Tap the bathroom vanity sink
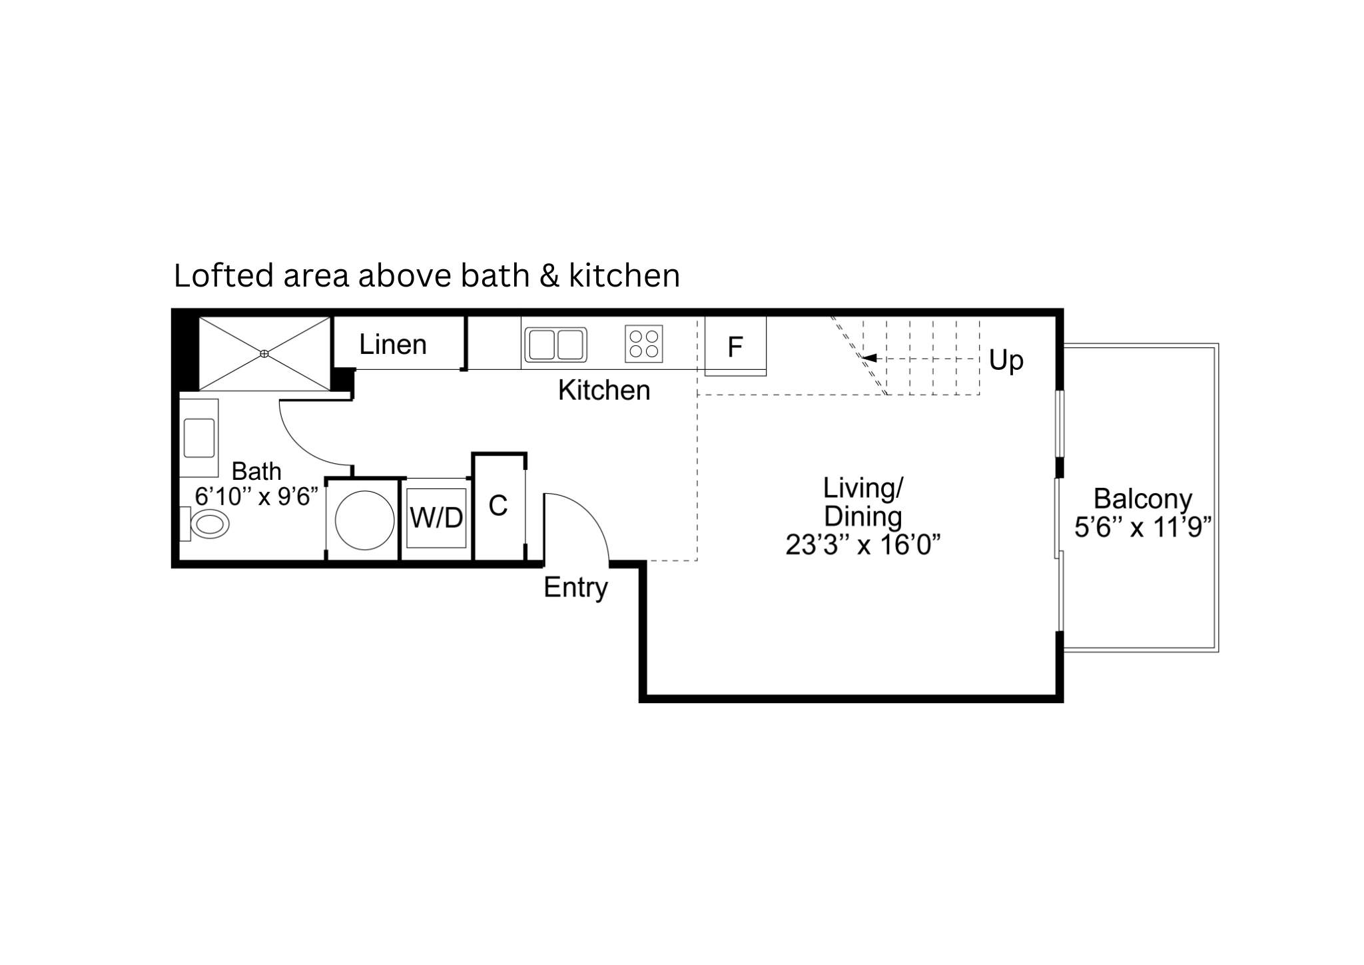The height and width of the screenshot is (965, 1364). pos(199,438)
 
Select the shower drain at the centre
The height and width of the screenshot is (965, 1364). pos(264,353)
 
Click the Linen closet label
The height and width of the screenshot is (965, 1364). pos(393,345)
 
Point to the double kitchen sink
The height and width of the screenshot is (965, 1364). pos(555,345)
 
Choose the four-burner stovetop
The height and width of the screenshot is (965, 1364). pos(644,344)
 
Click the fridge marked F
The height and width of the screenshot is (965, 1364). pos(735,346)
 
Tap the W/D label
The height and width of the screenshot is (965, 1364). pos(436,517)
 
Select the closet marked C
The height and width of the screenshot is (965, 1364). pos(500,506)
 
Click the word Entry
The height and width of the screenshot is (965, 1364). pos(576,588)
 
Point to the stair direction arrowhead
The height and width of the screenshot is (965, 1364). pos(869,358)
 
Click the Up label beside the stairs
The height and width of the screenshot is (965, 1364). pos(1006,361)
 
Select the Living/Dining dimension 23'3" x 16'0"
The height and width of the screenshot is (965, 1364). pos(863,544)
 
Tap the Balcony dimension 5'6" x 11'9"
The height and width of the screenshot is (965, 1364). pos(1143,527)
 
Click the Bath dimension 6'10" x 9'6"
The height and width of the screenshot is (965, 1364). pos(256,496)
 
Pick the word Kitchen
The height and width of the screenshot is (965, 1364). pos(604,391)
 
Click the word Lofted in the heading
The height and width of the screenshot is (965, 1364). pos(224,275)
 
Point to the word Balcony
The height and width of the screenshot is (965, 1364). pos(1143,499)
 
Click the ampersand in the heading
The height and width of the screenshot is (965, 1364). pos(549,276)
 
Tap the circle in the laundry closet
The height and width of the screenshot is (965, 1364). pos(365,520)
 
